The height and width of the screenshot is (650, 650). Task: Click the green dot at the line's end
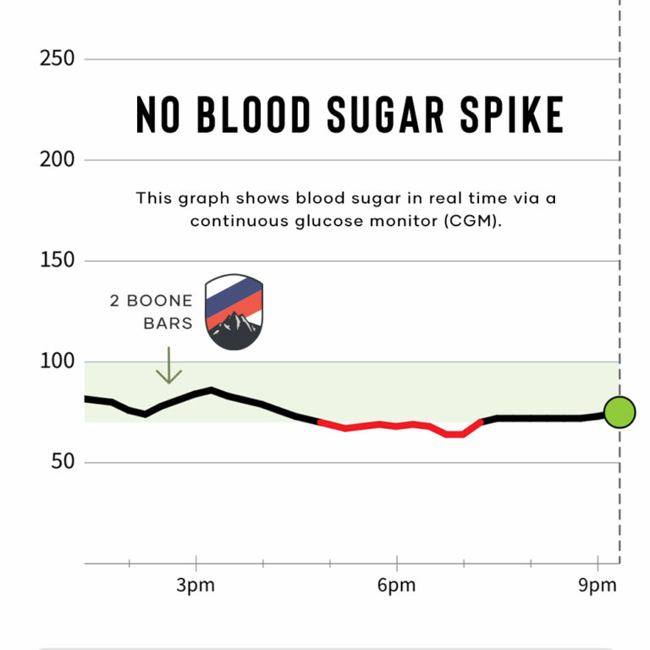[620, 413]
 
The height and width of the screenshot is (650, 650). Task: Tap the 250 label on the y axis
[57, 59]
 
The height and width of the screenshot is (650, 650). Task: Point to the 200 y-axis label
[57, 160]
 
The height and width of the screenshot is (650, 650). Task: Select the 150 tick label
[57, 261]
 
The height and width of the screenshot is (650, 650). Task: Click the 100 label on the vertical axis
[57, 361]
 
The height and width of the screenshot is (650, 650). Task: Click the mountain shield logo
[234, 311]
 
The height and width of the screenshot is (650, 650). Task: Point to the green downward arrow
[169, 366]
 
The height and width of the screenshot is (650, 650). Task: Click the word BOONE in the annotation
[162, 301]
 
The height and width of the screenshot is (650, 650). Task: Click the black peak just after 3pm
[211, 390]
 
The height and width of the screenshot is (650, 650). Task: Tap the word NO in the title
[157, 115]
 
